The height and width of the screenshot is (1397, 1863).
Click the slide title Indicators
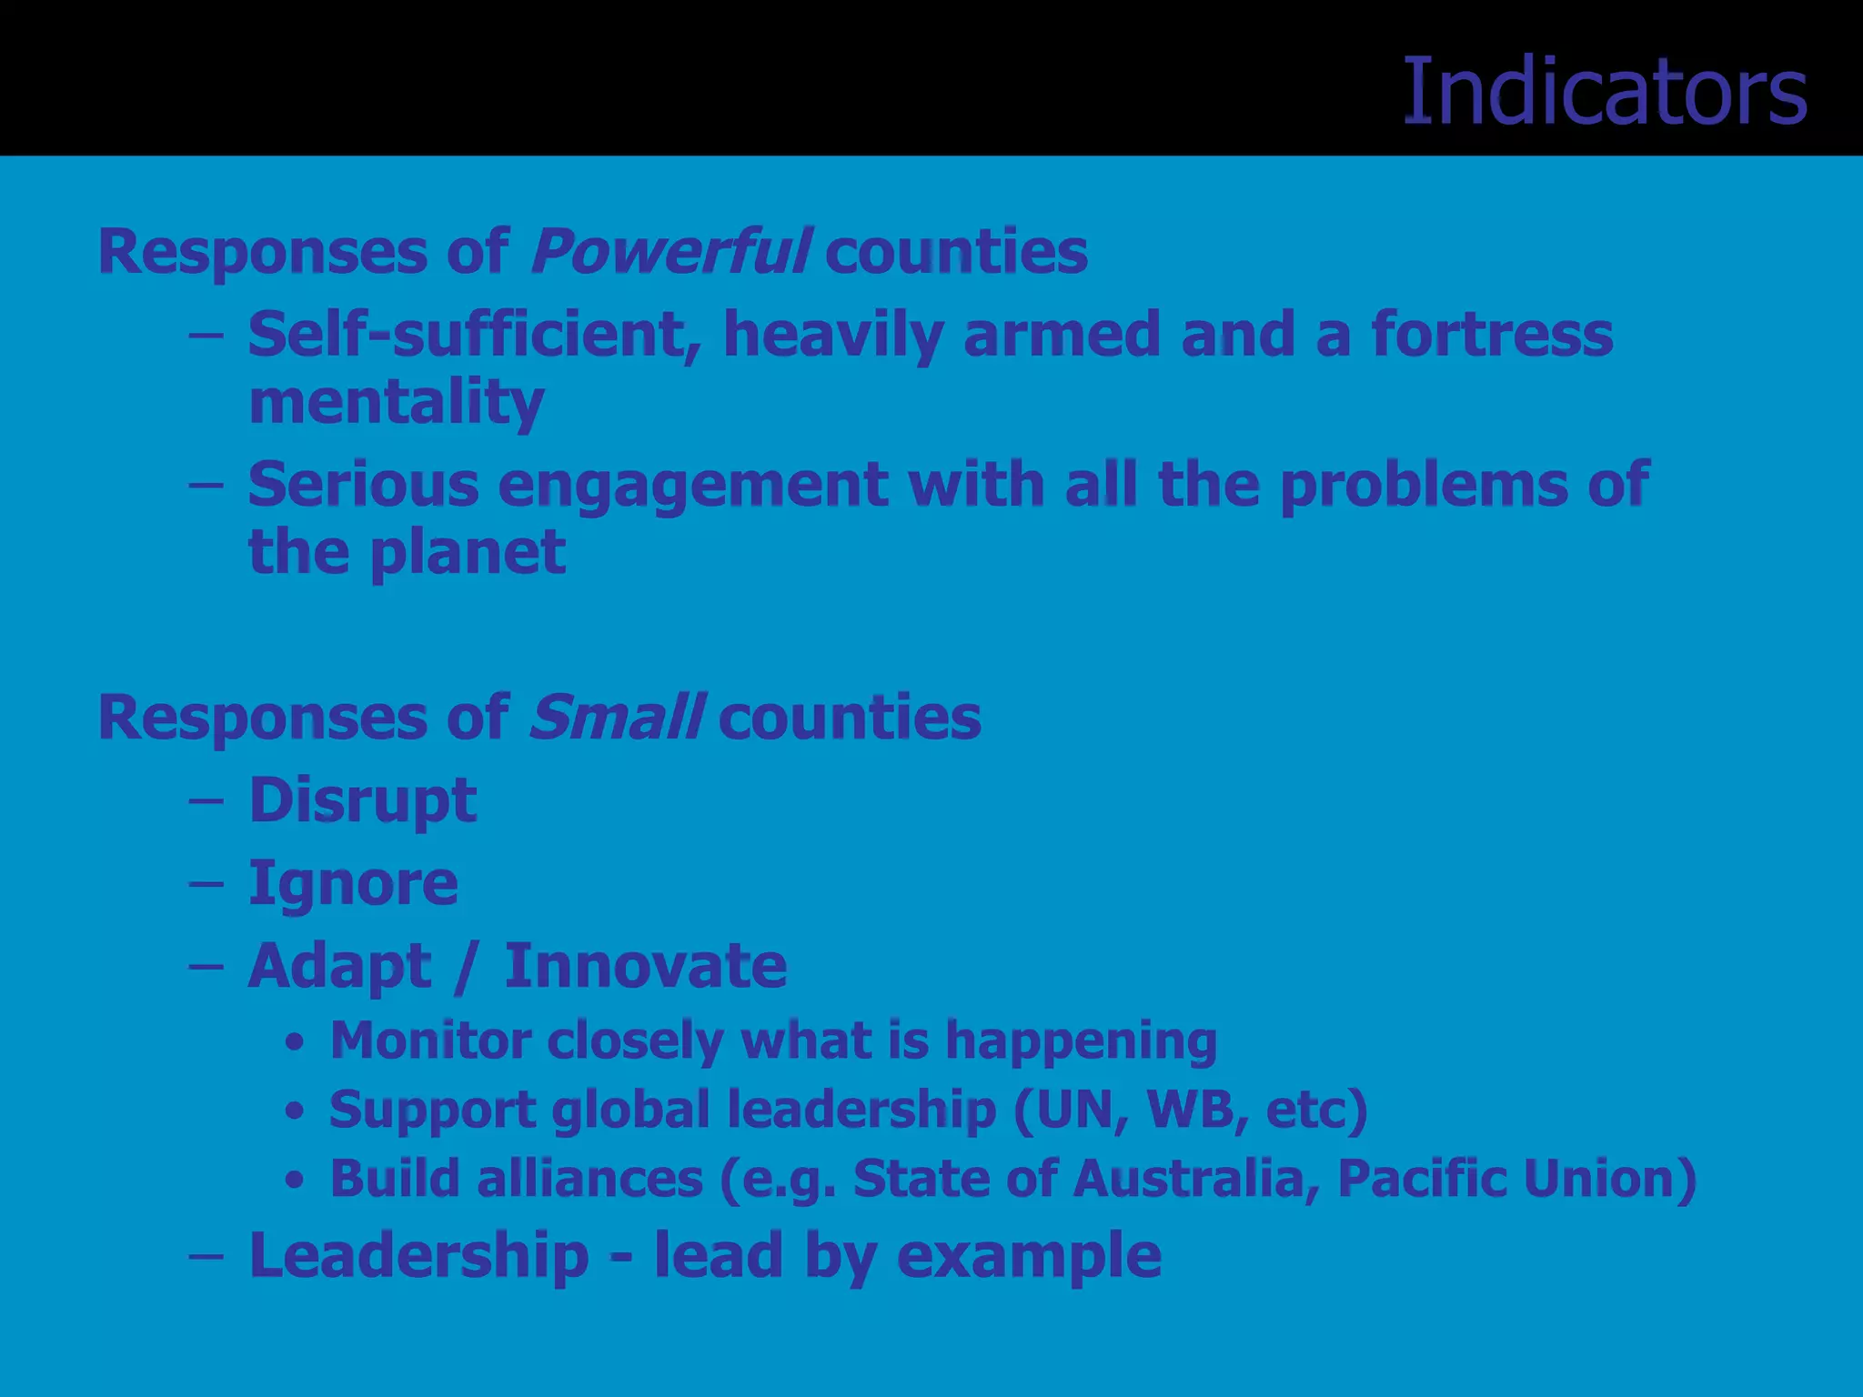pos(1605,92)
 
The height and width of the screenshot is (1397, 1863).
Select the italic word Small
pos(616,717)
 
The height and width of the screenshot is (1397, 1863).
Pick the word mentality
pos(397,402)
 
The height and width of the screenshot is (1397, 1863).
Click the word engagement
pos(693,484)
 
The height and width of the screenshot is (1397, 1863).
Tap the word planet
pos(468,551)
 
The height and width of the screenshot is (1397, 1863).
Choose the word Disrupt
pos(363,800)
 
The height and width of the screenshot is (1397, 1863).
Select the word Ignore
pos(353,883)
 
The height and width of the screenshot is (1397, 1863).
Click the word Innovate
pos(646,965)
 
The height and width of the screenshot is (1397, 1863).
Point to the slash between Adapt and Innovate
pos(466,967)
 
